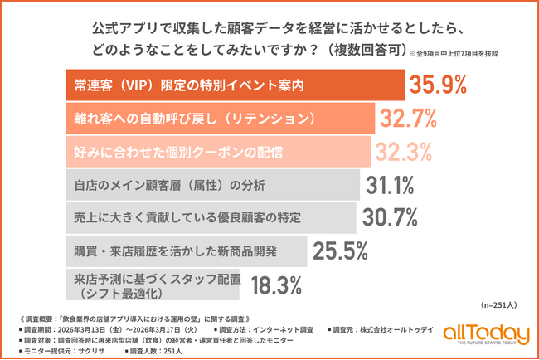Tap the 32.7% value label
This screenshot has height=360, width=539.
click(x=409, y=119)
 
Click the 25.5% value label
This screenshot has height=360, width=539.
click(x=339, y=249)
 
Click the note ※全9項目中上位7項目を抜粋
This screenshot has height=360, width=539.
click(x=453, y=56)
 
